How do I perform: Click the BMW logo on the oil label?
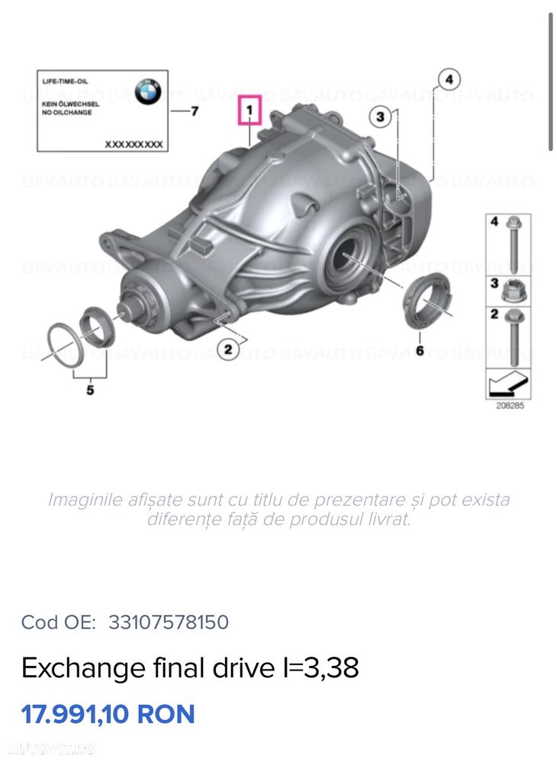click(147, 92)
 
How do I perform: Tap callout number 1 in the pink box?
click(250, 111)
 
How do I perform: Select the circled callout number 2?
click(226, 349)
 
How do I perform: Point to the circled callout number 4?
click(449, 79)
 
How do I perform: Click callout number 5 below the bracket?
click(90, 391)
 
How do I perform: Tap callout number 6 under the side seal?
click(419, 350)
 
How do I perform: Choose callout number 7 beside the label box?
click(194, 111)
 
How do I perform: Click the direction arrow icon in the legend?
click(508, 382)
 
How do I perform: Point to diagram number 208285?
click(510, 406)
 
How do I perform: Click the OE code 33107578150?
click(169, 622)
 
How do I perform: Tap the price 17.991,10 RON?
click(108, 715)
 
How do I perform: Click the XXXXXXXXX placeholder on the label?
click(134, 143)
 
